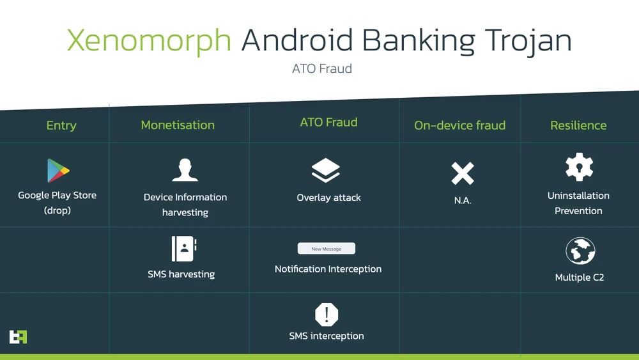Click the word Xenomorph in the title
tap(149, 41)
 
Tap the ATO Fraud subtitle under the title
tap(322, 68)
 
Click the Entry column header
tap(61, 125)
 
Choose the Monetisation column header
tap(178, 125)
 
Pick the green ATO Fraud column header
tap(328, 122)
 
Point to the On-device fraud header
tap(459, 125)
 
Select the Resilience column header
tap(578, 125)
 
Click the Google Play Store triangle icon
tap(58, 171)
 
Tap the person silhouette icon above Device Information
tap(185, 170)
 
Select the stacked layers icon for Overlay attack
tap(326, 171)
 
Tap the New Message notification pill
tap(327, 249)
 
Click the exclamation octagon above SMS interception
tap(327, 315)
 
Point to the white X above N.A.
tap(463, 174)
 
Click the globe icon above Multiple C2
tap(580, 251)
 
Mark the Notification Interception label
tap(328, 269)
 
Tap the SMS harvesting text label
tap(181, 274)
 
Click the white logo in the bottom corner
tap(18, 337)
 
